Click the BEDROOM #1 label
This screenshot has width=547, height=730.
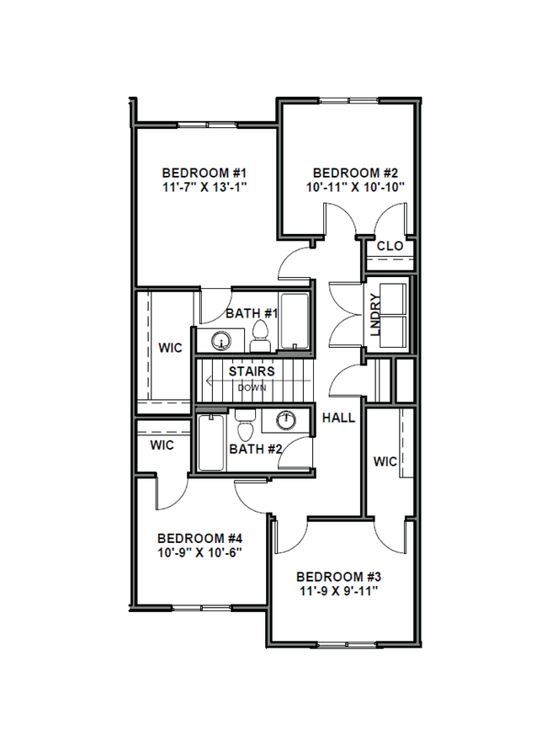(x=203, y=168)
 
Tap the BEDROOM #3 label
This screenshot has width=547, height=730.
(x=339, y=577)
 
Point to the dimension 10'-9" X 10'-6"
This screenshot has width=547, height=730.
(x=200, y=553)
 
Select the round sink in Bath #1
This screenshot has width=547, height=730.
(x=221, y=342)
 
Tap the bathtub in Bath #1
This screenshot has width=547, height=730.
(x=294, y=322)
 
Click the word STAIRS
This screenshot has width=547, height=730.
(x=252, y=371)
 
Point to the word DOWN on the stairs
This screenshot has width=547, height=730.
(x=252, y=388)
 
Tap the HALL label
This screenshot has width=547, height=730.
(x=338, y=418)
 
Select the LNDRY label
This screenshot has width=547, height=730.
(x=375, y=314)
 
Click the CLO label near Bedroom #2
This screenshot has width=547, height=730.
(x=390, y=246)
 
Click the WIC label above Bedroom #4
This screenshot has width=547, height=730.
(x=162, y=445)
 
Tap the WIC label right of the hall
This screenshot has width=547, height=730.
(x=385, y=461)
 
